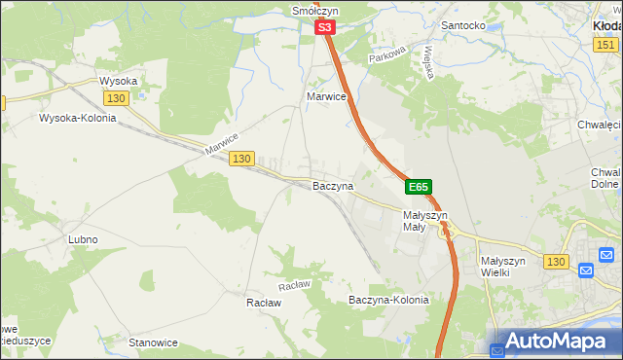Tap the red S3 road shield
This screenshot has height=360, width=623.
325,30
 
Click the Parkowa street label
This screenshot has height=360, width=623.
385,58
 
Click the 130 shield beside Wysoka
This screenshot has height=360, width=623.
117,98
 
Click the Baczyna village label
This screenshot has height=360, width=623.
332,185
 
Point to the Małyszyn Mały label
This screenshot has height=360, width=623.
424,221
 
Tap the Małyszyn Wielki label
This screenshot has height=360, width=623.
503,267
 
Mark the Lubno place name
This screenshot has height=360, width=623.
83,238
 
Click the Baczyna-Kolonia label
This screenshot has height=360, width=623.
388,300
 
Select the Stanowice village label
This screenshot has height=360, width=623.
153,342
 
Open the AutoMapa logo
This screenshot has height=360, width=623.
555,342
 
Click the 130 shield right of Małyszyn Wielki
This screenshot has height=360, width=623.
556,262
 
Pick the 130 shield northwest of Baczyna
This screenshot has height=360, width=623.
242,159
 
